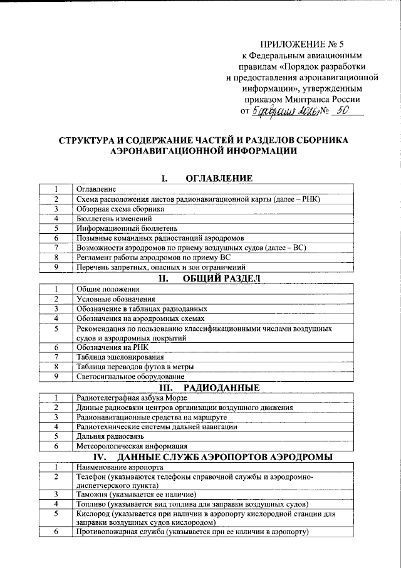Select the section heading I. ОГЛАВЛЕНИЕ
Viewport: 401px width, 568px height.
pyautogui.click(x=207, y=179)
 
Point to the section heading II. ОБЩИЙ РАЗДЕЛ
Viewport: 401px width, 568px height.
pyautogui.click(x=208, y=278)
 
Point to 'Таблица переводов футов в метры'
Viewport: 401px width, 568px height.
pyautogui.click(x=135, y=367)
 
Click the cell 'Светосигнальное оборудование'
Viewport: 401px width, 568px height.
pyautogui.click(x=130, y=377)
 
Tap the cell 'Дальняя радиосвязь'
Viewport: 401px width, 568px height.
pyautogui.click(x=111, y=436)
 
